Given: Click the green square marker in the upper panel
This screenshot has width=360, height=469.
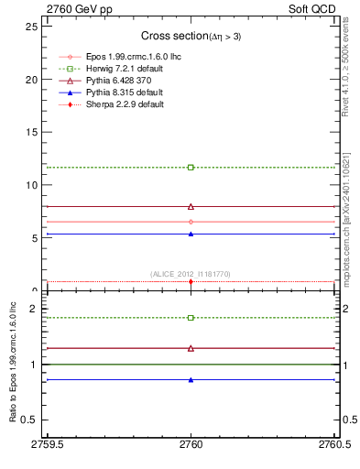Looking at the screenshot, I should (x=191, y=168).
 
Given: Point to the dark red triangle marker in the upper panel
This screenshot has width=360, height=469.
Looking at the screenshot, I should (x=191, y=207).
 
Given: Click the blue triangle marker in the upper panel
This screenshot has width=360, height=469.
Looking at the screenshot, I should (x=191, y=234).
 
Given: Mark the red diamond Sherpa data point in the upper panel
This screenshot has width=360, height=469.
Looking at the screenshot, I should (x=191, y=281).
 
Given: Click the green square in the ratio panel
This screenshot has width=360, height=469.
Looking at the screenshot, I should (x=191, y=318).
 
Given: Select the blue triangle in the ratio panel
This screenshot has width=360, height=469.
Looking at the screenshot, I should (x=191, y=379).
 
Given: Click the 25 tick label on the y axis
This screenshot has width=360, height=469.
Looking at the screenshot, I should (x=31, y=26).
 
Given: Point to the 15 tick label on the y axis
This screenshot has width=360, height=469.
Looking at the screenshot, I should (x=31, y=132).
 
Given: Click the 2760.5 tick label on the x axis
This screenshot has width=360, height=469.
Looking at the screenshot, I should (x=333, y=444).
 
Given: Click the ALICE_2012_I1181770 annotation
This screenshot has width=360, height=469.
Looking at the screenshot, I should (x=191, y=274).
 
